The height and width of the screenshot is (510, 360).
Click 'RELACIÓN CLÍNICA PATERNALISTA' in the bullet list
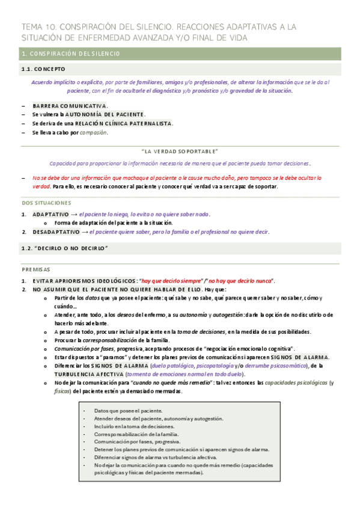pos(123,123)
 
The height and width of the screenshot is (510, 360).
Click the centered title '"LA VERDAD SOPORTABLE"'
pos(180,152)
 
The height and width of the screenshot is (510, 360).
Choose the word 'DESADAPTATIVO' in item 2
pos(55,232)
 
